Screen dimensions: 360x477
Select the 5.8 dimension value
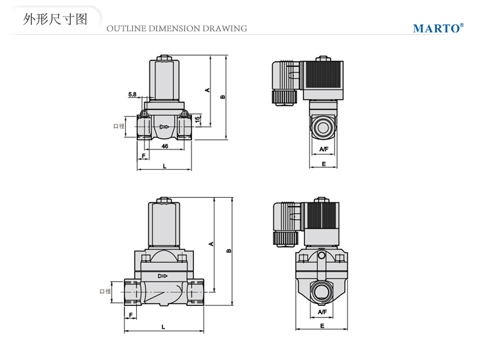(x=132, y=95)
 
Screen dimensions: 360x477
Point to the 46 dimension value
(x=164, y=146)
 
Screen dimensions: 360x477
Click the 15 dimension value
(x=198, y=119)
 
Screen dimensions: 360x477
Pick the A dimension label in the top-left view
(x=207, y=90)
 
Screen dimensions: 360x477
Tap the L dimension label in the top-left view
(x=164, y=166)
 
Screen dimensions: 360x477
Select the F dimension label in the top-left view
(x=144, y=156)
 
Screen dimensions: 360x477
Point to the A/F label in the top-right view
(x=323, y=149)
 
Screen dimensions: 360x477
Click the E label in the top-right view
(x=323, y=164)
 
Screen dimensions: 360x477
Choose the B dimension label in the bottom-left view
(x=228, y=251)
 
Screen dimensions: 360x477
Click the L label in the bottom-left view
(x=164, y=326)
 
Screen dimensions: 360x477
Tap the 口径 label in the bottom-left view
(x=105, y=291)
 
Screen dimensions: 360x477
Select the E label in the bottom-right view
(x=322, y=326)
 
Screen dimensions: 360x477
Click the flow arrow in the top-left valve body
(x=164, y=127)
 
